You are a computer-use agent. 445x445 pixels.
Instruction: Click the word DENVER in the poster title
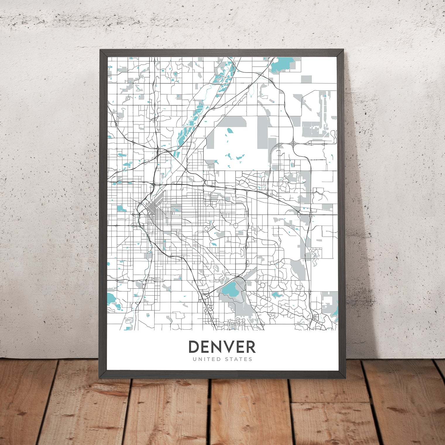pyautogui.click(x=222, y=347)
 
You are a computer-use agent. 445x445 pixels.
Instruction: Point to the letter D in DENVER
pyautogui.click(x=193, y=347)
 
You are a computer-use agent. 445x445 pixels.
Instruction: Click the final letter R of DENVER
pyautogui.click(x=250, y=347)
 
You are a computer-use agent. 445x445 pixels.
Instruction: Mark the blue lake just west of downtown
pyautogui.click(x=121, y=209)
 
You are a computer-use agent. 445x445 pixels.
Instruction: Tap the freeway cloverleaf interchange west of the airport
pyautogui.click(x=293, y=143)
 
